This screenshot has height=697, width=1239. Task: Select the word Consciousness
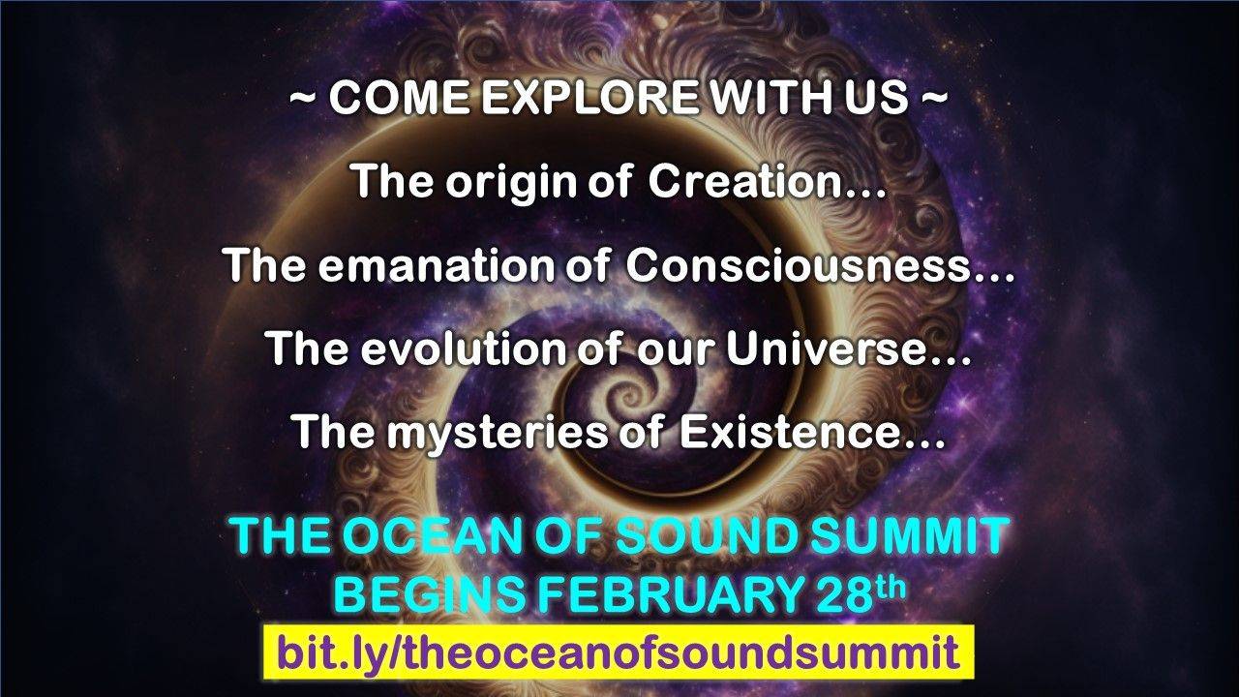(x=800, y=264)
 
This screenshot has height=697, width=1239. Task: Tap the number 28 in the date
(x=839, y=595)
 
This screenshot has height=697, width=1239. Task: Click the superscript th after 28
(x=891, y=583)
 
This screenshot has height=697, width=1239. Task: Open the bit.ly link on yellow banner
(x=618, y=652)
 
